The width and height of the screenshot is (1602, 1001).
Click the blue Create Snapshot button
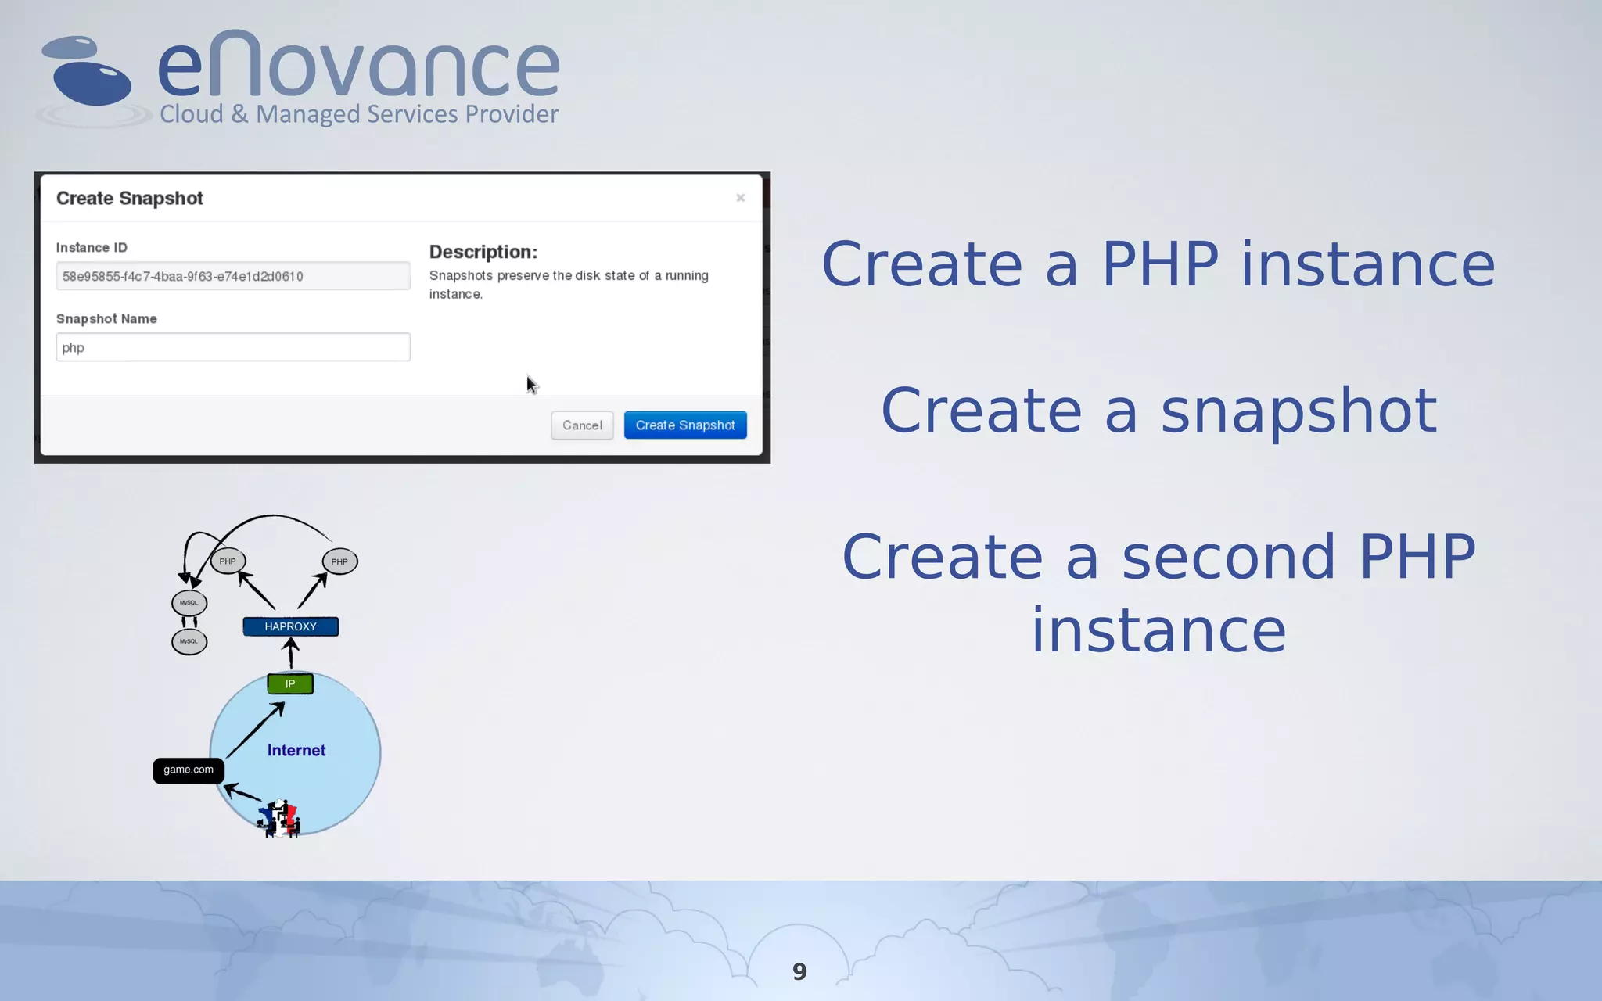[x=684, y=425]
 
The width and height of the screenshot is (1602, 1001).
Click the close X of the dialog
[x=740, y=198]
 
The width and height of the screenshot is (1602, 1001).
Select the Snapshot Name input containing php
[x=232, y=347]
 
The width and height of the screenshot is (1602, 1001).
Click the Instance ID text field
[x=232, y=276]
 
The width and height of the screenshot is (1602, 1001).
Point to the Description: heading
[x=483, y=252]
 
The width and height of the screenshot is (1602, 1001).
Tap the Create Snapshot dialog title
[x=129, y=198]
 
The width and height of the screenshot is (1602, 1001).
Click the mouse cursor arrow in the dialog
[x=531, y=384]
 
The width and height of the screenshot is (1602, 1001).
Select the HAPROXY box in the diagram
[x=290, y=626]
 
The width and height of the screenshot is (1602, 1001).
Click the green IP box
[x=290, y=683]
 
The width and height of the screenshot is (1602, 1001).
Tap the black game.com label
[x=189, y=770]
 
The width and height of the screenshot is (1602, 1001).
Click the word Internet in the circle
[x=296, y=750]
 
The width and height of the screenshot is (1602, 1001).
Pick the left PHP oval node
[x=228, y=561]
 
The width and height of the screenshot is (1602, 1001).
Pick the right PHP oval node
[x=339, y=561]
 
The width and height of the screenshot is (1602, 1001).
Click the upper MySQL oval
[x=189, y=602]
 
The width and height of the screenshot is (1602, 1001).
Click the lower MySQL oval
[x=189, y=641]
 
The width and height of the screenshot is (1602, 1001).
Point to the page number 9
[x=799, y=971]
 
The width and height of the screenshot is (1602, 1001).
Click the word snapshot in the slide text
[x=1298, y=411]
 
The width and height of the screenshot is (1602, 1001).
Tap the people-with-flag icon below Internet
[x=279, y=819]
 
